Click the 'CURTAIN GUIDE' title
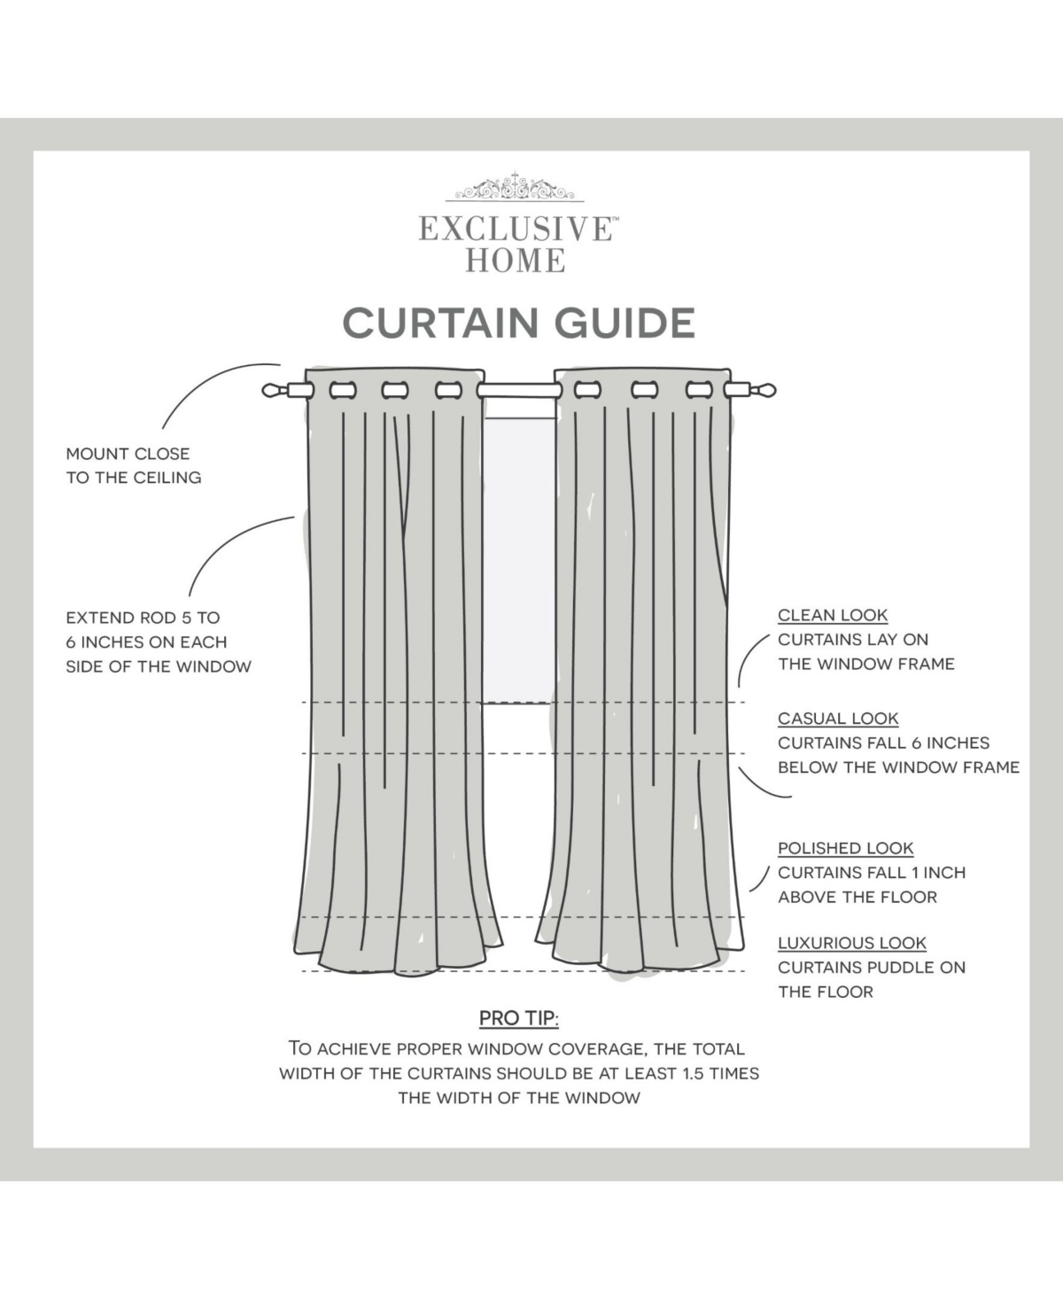(x=519, y=323)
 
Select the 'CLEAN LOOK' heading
(x=833, y=615)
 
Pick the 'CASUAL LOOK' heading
(x=838, y=719)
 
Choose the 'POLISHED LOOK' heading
(x=845, y=848)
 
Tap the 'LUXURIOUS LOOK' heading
(x=851, y=943)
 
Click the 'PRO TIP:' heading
(x=519, y=1018)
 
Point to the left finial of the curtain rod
(x=275, y=390)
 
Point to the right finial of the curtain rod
(x=762, y=390)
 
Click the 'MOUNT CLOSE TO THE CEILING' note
(x=134, y=466)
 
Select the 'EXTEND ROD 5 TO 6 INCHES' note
(x=159, y=642)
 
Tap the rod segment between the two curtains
(x=519, y=390)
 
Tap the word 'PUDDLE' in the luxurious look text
(x=900, y=968)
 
